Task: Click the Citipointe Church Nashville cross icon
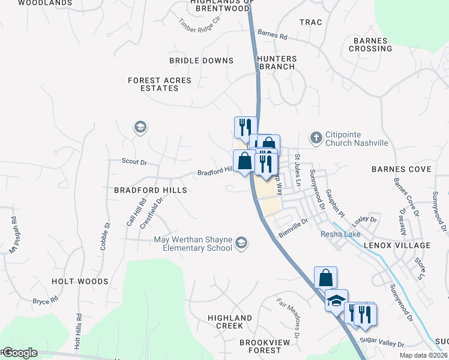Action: pyautogui.click(x=316, y=139)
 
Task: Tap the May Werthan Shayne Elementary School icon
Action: pyautogui.click(x=241, y=243)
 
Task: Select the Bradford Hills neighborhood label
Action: pyautogui.click(x=151, y=190)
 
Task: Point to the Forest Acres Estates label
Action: pyautogui.click(x=159, y=84)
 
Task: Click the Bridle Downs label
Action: pyautogui.click(x=201, y=61)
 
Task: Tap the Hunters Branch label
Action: pyautogui.click(x=277, y=62)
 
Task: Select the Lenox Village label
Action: pyautogui.click(x=397, y=245)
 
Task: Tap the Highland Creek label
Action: pyautogui.click(x=230, y=322)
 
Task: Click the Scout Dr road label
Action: pyautogui.click(x=134, y=162)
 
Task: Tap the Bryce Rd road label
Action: pyautogui.click(x=45, y=300)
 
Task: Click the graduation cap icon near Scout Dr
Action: pyautogui.click(x=140, y=127)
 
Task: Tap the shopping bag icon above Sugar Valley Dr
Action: pyautogui.click(x=325, y=278)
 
